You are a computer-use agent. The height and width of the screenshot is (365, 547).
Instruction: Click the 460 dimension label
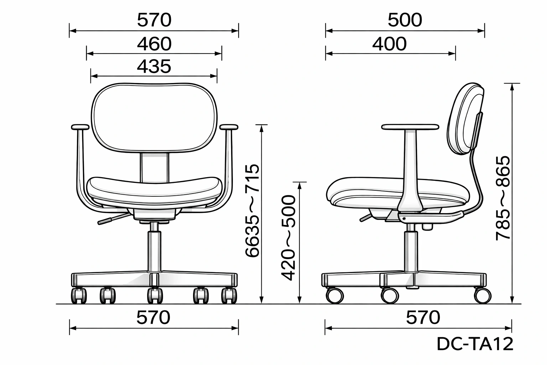(154, 44)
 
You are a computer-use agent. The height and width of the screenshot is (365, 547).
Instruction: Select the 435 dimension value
(154, 67)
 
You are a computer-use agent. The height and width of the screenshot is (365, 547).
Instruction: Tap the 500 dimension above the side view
(405, 20)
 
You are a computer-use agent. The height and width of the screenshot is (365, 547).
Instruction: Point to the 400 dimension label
(389, 44)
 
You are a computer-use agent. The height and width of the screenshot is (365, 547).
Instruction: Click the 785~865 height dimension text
(503, 198)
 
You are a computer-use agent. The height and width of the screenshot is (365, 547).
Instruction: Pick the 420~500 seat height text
(289, 238)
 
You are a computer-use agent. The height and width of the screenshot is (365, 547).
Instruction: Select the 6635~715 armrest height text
(252, 211)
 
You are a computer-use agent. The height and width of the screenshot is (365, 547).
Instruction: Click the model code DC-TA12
(475, 344)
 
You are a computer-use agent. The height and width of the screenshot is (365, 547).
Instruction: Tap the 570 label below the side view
(423, 318)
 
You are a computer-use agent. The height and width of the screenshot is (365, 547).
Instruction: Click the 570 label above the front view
(154, 20)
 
